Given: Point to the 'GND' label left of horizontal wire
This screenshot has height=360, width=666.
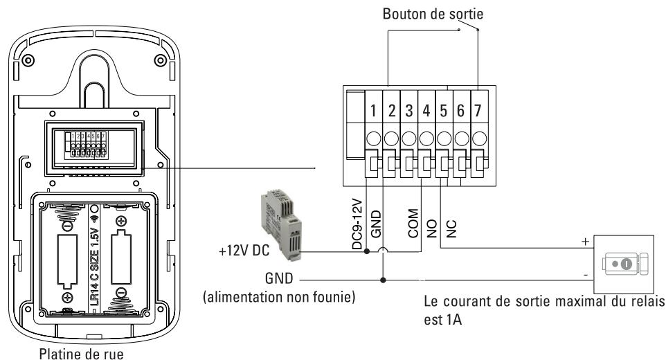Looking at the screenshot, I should (280, 278).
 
